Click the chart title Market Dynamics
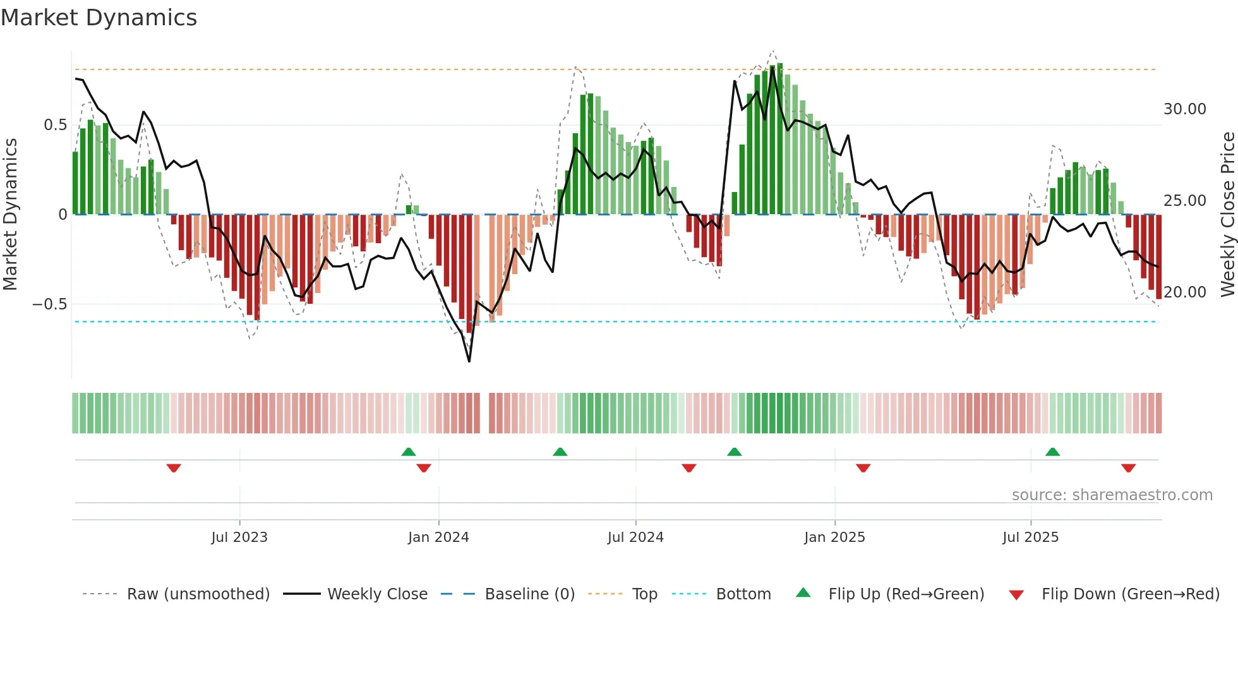99,18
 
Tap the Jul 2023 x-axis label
239,537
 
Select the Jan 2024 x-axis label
438,537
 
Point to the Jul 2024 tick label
635,537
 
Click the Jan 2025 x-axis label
834,537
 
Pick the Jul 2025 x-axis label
1030,537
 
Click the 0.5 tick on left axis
55,125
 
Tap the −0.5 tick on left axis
50,304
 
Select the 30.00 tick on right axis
1184,109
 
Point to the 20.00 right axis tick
1184,292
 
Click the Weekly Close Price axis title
1227,214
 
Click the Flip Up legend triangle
803,592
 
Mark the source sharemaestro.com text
1112,495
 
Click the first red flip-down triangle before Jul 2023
174,468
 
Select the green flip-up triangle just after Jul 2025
1052,452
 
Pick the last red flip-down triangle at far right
1129,468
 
